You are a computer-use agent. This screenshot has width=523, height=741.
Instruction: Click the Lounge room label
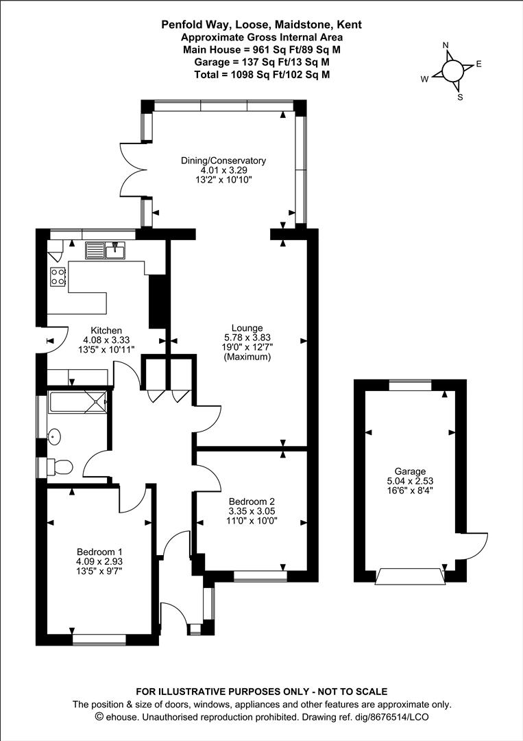(x=247, y=328)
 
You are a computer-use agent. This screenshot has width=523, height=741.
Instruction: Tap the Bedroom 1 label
(x=99, y=552)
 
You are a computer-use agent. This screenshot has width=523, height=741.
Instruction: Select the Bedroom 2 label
(x=252, y=502)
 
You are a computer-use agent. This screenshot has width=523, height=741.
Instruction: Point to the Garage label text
(x=410, y=471)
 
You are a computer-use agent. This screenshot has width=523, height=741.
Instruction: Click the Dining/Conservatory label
(x=223, y=161)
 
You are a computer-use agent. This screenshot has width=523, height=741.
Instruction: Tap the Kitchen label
(x=106, y=330)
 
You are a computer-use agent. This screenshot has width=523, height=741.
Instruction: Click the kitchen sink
(x=105, y=250)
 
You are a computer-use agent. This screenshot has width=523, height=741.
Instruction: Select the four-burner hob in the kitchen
(x=58, y=277)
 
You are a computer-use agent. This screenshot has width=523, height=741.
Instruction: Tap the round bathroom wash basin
(x=55, y=436)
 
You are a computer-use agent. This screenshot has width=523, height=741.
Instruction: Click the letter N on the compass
(x=445, y=45)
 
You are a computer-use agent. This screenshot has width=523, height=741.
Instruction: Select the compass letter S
(x=460, y=97)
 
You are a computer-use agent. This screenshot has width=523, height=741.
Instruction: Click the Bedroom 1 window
(x=99, y=640)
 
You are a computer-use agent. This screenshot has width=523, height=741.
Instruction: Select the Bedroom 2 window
(x=260, y=576)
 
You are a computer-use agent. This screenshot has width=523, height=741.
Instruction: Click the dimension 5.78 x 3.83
(x=247, y=338)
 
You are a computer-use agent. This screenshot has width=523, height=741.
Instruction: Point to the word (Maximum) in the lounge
(x=247, y=357)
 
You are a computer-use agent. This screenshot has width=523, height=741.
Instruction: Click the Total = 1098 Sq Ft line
(x=262, y=74)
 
